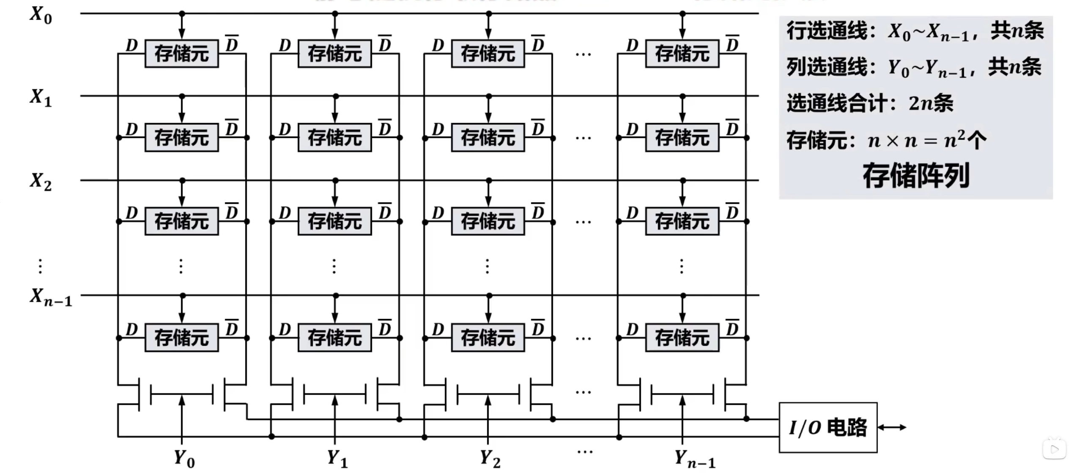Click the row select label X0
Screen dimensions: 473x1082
(41, 15)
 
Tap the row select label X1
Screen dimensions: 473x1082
(41, 98)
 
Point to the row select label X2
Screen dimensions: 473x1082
(41, 182)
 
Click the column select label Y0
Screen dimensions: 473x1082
(184, 459)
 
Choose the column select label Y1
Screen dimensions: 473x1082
(337, 459)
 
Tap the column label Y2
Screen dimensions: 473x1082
(490, 459)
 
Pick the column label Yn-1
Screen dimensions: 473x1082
(695, 459)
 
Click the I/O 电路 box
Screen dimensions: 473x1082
(827, 427)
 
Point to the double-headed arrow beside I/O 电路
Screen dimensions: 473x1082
(892, 427)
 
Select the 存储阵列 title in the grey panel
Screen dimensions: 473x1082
(916, 175)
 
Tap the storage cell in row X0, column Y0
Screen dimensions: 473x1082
(182, 54)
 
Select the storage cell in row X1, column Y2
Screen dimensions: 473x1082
(488, 137)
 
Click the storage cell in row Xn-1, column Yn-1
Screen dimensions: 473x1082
(682, 337)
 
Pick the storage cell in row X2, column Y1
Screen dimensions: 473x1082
(335, 221)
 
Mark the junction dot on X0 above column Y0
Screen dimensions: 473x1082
(182, 14)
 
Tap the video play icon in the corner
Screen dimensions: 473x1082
(1054, 449)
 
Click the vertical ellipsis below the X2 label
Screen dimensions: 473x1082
(40, 266)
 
